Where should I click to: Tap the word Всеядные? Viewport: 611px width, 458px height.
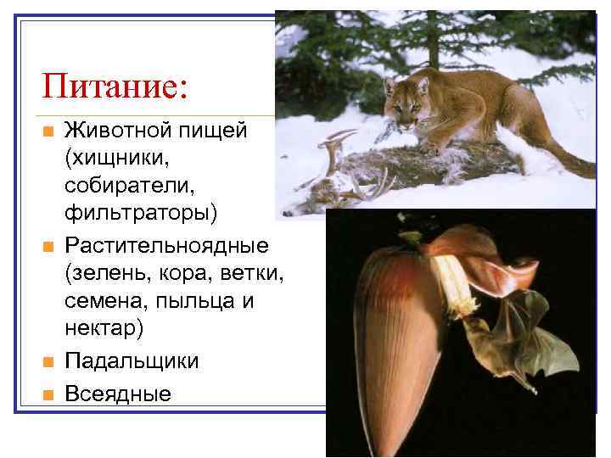[x=118, y=394]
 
